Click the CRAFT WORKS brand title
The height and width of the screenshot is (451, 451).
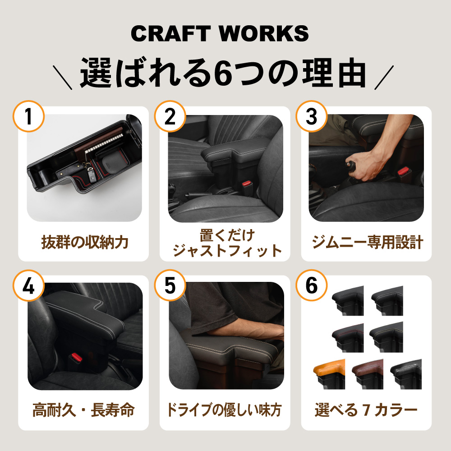pyautogui.click(x=220, y=34)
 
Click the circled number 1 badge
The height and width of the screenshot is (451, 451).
pyautogui.click(x=28, y=117)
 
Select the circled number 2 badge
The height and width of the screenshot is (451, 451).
pyautogui.click(x=170, y=117)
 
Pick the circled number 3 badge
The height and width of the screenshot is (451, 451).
pyautogui.click(x=311, y=117)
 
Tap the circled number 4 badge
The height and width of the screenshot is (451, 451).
pyautogui.click(x=28, y=286)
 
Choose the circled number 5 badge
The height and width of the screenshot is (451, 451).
pyautogui.click(x=170, y=286)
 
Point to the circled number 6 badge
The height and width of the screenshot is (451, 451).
pyautogui.click(x=311, y=286)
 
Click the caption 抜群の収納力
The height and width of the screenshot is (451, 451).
pyautogui.click(x=84, y=243)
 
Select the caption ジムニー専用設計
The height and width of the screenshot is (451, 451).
pyautogui.click(x=367, y=243)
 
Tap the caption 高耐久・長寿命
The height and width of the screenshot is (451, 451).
pyautogui.click(x=83, y=411)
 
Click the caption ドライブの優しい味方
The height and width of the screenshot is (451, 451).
pyautogui.click(x=225, y=411)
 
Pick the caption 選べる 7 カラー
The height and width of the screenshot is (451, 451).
pyautogui.click(x=366, y=411)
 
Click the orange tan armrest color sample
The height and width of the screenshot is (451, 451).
pyautogui.click(x=329, y=373)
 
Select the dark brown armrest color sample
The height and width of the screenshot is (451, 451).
pyautogui.click(x=367, y=373)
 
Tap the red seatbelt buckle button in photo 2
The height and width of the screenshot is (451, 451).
pyautogui.click(x=246, y=184)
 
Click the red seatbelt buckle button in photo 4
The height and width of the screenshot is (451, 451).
pyautogui.click(x=77, y=359)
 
